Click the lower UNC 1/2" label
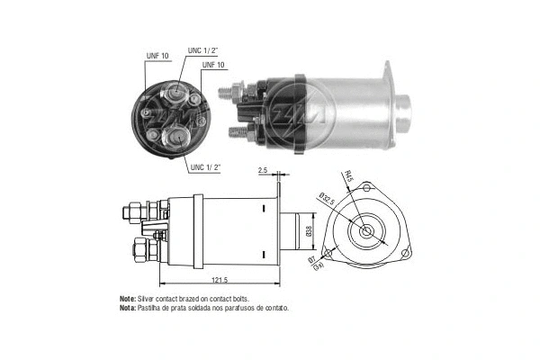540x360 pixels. (x=206, y=167)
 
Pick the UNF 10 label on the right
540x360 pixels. (x=214, y=66)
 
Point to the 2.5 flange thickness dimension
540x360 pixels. (x=263, y=169)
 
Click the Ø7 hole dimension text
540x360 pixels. (x=313, y=262)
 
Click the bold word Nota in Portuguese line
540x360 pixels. (x=127, y=308)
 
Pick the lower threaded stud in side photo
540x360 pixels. (x=239, y=131)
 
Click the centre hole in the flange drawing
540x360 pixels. (x=366, y=231)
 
